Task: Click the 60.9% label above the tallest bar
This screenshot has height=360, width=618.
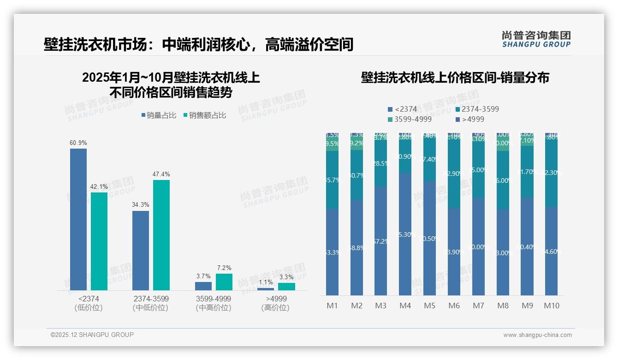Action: pyautogui.click(x=78, y=143)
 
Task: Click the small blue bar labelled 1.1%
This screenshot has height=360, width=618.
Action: pyautogui.click(x=265, y=289)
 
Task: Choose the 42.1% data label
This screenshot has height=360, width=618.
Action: pyautogui.click(x=99, y=186)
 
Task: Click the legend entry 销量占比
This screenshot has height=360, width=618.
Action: pyautogui.click(x=158, y=115)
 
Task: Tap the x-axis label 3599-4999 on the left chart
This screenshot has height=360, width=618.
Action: pyautogui.click(x=213, y=299)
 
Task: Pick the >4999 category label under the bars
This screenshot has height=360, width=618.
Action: pyautogui.click(x=275, y=299)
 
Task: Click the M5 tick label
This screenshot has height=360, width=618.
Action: pyautogui.click(x=429, y=306)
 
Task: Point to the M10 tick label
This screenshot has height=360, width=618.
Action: pyautogui.click(x=551, y=306)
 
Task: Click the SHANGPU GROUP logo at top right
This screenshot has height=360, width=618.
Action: pyautogui.click(x=536, y=39)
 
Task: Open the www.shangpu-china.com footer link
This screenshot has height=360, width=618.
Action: pyautogui.click(x=537, y=335)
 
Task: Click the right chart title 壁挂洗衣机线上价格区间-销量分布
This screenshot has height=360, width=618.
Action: pyautogui.click(x=455, y=78)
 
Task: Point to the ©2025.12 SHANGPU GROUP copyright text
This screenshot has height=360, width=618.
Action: pyautogui.click(x=92, y=335)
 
